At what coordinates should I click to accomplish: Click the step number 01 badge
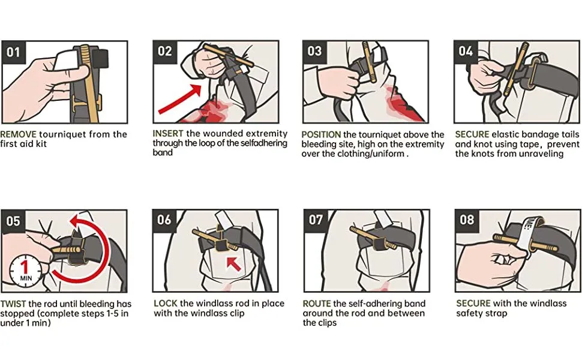click(x=13, y=52)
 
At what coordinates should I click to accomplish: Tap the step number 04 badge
click(x=466, y=51)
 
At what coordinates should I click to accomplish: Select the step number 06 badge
click(x=164, y=220)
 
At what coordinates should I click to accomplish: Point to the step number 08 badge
click(x=467, y=220)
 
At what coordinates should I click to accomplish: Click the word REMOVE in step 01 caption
click(x=18, y=134)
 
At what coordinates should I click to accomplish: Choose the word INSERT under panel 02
click(x=168, y=134)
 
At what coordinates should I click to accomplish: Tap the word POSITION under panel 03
click(x=321, y=134)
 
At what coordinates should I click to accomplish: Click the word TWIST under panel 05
click(x=13, y=304)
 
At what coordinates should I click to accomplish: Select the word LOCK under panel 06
click(x=166, y=303)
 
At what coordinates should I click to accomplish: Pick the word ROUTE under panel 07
click(x=317, y=304)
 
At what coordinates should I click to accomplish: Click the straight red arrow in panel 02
click(x=179, y=99)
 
